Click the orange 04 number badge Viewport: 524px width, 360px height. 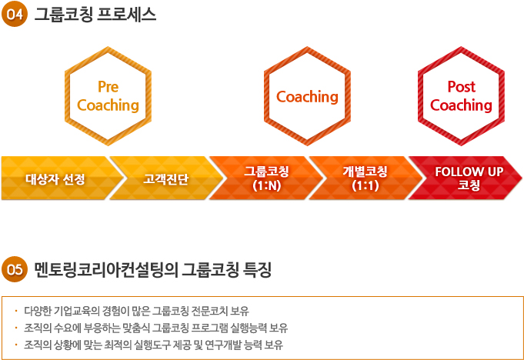tap(15, 14)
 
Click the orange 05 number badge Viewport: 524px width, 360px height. tap(15, 269)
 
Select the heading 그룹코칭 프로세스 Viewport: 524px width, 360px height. tap(95, 15)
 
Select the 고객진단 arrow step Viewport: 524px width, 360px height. tap(166, 178)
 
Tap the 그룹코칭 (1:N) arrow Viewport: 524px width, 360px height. tap(266, 178)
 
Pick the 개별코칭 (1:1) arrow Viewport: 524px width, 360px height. tap(365, 178)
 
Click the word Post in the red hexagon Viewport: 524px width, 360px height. tap(461, 87)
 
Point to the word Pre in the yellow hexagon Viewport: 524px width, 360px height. tap(108, 87)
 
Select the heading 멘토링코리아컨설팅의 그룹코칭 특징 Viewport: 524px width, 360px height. tap(152, 270)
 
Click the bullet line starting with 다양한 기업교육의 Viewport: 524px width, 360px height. tap(136, 311)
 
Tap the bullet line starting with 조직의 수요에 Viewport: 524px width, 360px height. tap(155, 328)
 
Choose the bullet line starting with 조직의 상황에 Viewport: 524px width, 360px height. tap(153, 345)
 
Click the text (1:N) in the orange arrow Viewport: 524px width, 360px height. tap(267, 185)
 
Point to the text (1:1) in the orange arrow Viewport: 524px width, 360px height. tap(365, 185)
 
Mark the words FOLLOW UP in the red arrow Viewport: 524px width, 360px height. tap(469, 172)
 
